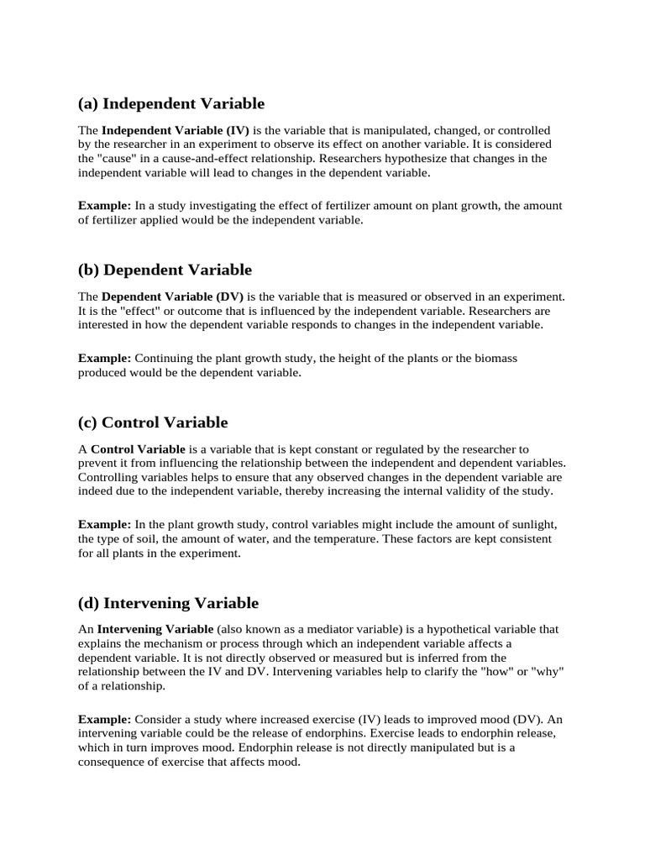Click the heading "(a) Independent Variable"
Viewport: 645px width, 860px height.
point(170,104)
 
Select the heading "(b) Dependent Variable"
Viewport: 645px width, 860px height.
point(165,270)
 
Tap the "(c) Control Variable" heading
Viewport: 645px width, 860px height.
point(153,422)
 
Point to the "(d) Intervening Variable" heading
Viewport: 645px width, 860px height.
point(168,603)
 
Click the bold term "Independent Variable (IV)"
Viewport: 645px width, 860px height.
point(176,131)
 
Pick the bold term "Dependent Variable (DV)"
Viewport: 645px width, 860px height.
point(173,297)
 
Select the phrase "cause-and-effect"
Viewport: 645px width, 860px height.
point(219,159)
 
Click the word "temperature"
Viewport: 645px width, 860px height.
point(412,538)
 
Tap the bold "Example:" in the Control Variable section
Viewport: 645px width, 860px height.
point(104,524)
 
